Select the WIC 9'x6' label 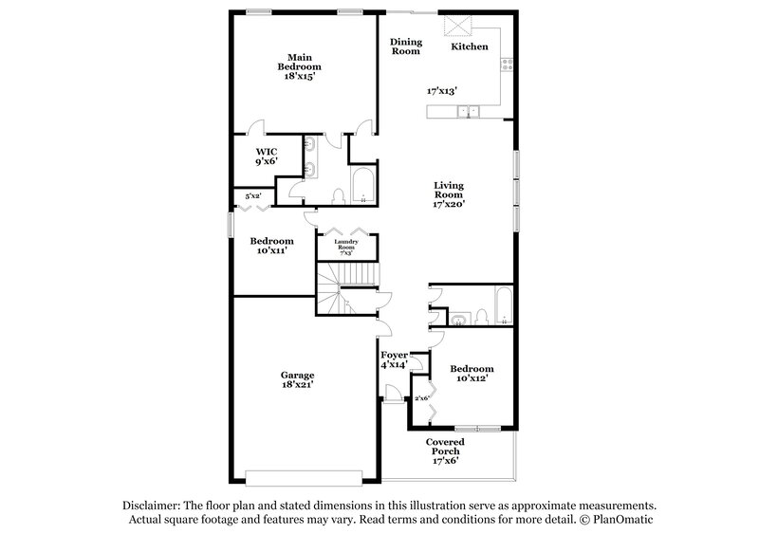(x=267, y=156)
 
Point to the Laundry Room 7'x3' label (x=346, y=248)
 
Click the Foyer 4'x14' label (x=394, y=359)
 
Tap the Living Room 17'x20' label (x=449, y=193)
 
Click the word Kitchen (x=470, y=46)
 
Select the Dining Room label (x=406, y=46)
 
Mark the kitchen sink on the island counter (x=469, y=112)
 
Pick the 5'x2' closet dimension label (x=253, y=196)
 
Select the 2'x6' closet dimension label (x=421, y=398)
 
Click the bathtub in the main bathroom (x=363, y=186)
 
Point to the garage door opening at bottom (x=305, y=477)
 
